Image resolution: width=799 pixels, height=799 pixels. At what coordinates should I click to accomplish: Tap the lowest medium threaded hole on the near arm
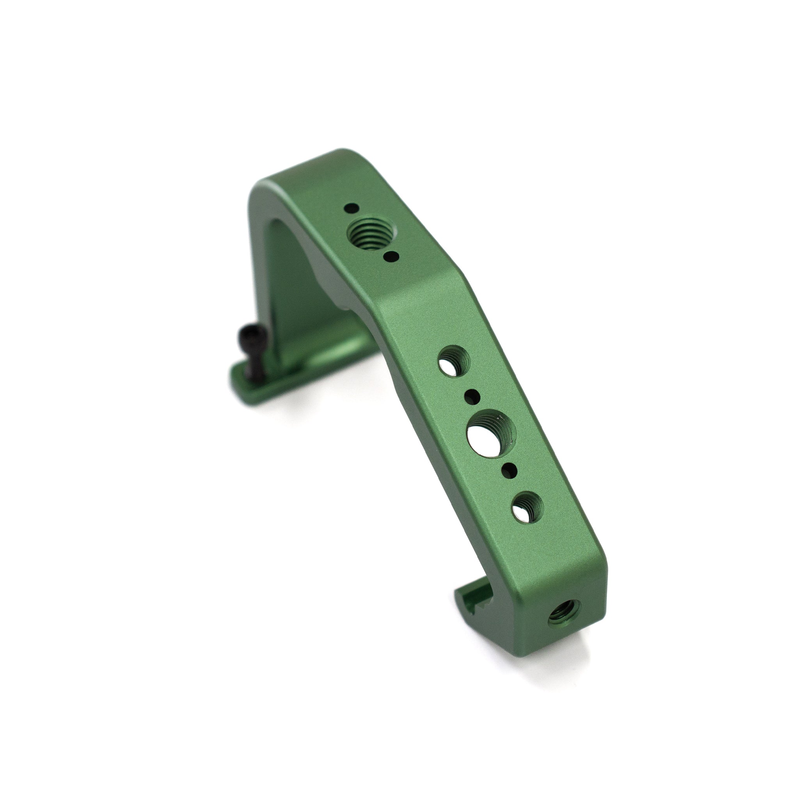click(x=527, y=508)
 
